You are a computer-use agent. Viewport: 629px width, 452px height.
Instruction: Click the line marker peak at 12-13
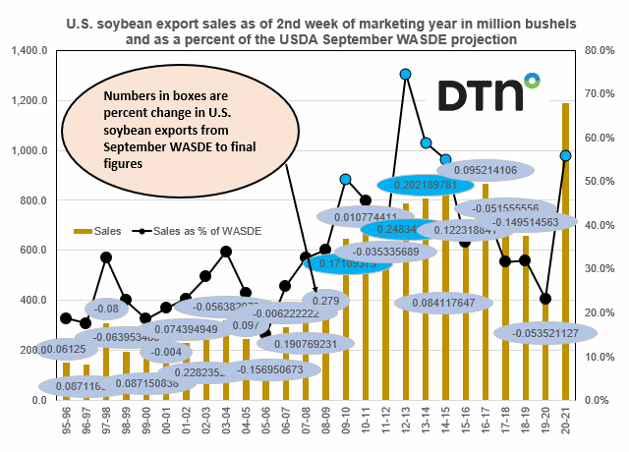pos(405,74)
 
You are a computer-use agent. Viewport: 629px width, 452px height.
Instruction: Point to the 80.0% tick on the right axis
pos(598,50)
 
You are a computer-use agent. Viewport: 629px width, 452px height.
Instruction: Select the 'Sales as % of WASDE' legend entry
pos(197,231)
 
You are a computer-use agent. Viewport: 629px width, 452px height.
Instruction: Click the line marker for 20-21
pos(566,155)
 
